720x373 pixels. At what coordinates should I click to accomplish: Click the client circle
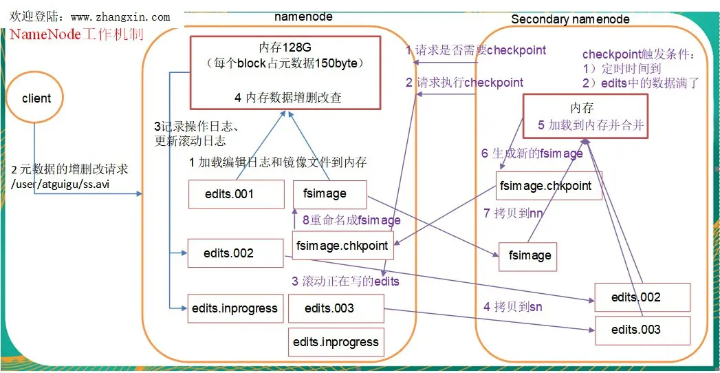point(36,98)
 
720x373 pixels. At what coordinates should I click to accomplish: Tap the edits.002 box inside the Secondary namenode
point(641,297)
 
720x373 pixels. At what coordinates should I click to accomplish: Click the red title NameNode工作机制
point(76,34)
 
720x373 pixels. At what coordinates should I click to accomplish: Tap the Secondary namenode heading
point(570,19)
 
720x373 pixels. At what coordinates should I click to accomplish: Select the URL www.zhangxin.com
point(120,17)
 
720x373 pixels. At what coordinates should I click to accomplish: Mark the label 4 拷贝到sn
point(512,306)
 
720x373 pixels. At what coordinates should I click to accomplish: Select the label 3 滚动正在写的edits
point(345,281)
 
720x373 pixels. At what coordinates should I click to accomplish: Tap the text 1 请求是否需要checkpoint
point(476,50)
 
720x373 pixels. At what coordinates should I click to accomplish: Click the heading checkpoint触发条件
point(639,54)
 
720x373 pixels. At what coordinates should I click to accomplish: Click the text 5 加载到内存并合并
point(591,125)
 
